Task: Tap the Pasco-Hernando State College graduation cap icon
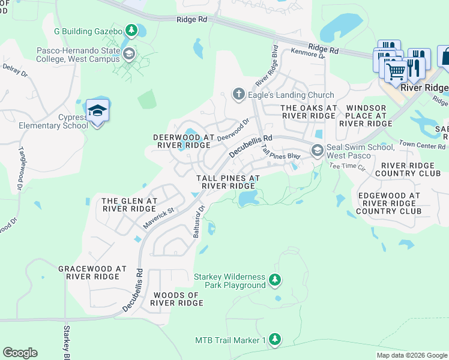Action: tap(128, 55)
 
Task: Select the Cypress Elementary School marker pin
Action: tap(97, 110)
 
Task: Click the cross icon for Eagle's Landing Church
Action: tap(238, 94)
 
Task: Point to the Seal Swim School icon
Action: tap(317, 150)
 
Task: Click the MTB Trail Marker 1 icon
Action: tap(274, 340)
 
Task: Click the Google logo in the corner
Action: tap(20, 353)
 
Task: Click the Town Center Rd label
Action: tap(423, 146)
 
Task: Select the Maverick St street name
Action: tap(158, 217)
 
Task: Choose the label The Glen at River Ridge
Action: tap(130, 205)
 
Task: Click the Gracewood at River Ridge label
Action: tap(92, 272)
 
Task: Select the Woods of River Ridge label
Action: tap(176, 299)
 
